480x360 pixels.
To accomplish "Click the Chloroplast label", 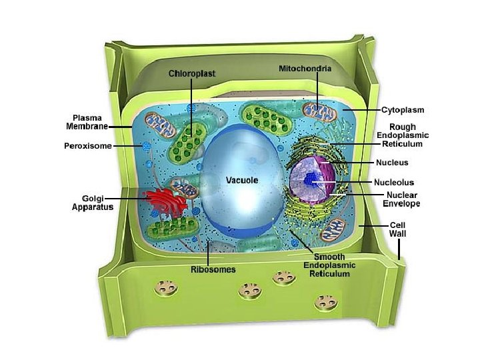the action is click(x=192, y=73).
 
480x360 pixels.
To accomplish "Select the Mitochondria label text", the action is click(x=305, y=68).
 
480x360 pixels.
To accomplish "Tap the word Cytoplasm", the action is click(x=403, y=109).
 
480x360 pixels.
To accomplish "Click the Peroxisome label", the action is click(x=88, y=145).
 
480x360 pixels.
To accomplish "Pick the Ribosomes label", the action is click(x=213, y=269).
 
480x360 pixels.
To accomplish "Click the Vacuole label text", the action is click(x=241, y=180).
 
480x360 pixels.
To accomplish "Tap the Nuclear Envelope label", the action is click(x=402, y=199).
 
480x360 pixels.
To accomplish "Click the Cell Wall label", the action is click(x=398, y=230).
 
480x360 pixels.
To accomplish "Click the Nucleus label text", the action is click(x=393, y=162).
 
